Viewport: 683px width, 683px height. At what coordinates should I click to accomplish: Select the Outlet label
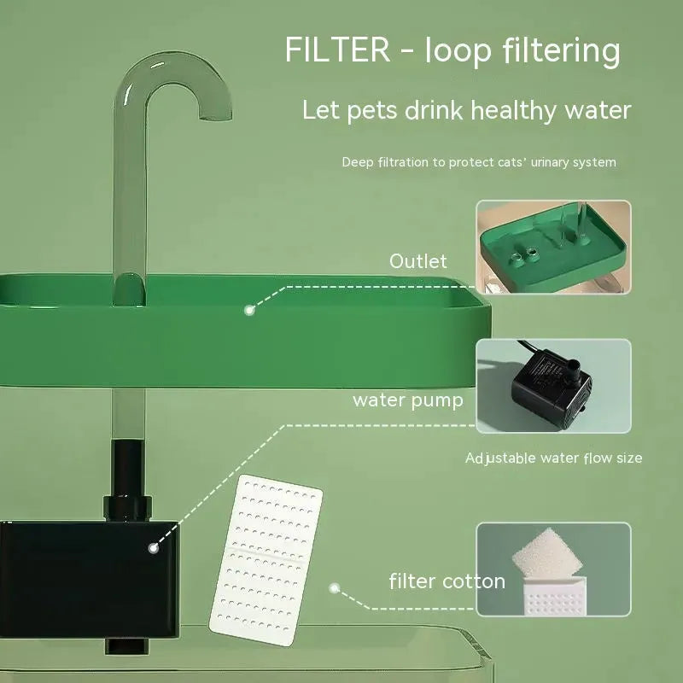pos(418,261)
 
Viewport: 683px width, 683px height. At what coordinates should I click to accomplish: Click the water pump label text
pos(408,400)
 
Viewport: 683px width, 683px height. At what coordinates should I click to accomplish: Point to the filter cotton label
pos(447,582)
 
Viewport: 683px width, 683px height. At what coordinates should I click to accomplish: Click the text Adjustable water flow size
pos(553,458)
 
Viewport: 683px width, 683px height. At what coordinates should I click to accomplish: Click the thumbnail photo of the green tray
pos(553,247)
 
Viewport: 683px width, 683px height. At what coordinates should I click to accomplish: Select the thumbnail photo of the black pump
pos(553,385)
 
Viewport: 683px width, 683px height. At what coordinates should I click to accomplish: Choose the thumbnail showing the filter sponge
pos(553,569)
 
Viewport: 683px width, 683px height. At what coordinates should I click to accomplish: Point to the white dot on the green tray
pos(249,310)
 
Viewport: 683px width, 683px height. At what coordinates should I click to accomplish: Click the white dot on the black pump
pos(154,548)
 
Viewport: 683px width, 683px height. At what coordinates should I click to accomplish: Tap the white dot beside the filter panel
pos(336,587)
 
